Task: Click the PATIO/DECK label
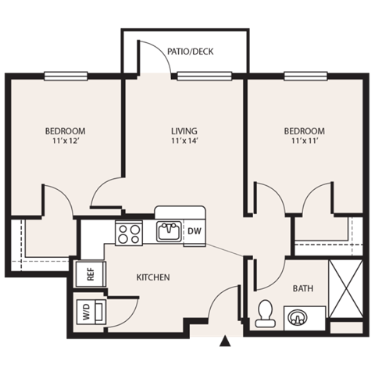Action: pyautogui.click(x=191, y=52)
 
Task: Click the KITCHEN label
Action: pyautogui.click(x=154, y=277)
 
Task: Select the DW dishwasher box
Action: pyautogui.click(x=195, y=231)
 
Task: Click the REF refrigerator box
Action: pyautogui.click(x=88, y=273)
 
